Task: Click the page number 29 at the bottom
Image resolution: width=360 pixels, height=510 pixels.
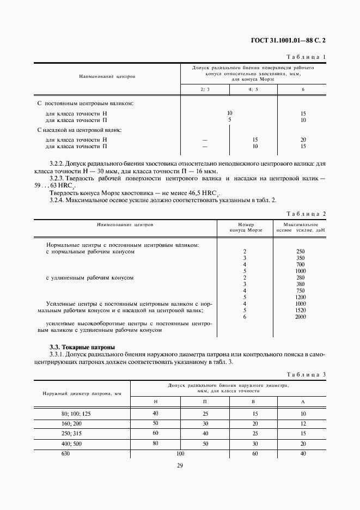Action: [179, 465]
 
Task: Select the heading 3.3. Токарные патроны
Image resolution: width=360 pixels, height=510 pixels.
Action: [82, 347]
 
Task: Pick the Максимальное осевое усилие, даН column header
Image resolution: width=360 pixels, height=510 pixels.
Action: [300, 227]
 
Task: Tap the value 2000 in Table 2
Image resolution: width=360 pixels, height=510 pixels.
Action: [300, 317]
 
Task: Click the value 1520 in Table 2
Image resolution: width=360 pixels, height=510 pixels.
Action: [300, 310]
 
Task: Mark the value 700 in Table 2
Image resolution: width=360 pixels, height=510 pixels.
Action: [300, 264]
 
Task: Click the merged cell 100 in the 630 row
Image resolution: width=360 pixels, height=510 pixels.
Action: [181, 453]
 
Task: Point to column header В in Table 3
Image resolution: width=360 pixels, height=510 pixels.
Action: [255, 401]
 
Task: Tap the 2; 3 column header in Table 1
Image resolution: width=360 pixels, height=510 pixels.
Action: [205, 89]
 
